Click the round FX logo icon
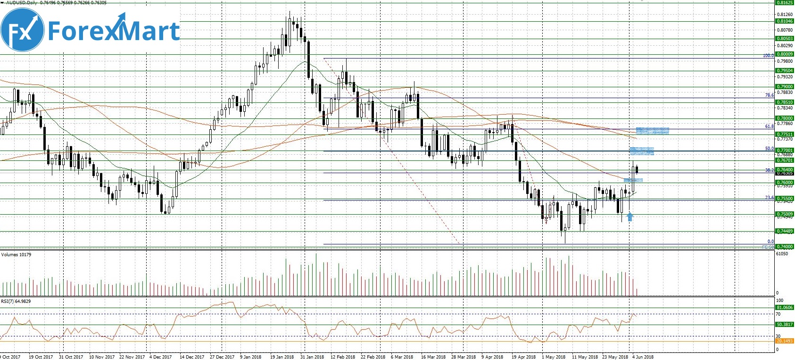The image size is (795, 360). tap(23, 30)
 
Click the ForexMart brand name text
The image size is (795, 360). tap(114, 31)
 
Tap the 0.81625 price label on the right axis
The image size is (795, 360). tap(785, 3)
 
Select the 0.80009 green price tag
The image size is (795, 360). tap(785, 54)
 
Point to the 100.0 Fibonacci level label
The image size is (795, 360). tap(768, 56)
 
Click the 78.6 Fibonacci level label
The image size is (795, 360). tap(769, 95)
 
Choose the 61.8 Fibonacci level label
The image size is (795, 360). tap(769, 126)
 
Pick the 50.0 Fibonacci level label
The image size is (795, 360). tap(769, 149)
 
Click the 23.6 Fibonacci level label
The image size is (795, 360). tap(769, 198)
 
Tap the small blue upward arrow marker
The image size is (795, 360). tap(630, 217)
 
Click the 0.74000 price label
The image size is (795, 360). tap(785, 247)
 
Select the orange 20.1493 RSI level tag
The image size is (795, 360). tap(785, 341)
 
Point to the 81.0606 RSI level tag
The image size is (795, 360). tap(785, 308)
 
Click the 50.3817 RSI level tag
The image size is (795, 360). tap(785, 325)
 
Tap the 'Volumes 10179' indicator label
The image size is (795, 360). tap(17, 255)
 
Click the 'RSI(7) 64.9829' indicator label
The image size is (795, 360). tap(16, 301)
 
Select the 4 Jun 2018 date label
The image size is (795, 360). tap(643, 357)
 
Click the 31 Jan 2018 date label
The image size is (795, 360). tap(312, 357)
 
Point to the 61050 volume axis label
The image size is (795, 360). tap(782, 254)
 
